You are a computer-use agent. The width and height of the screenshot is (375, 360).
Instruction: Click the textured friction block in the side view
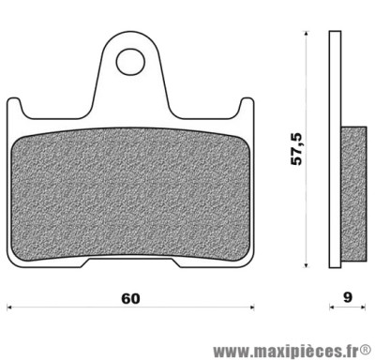click(x=351, y=187)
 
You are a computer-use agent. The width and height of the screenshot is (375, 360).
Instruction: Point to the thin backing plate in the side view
click(x=334, y=150)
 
